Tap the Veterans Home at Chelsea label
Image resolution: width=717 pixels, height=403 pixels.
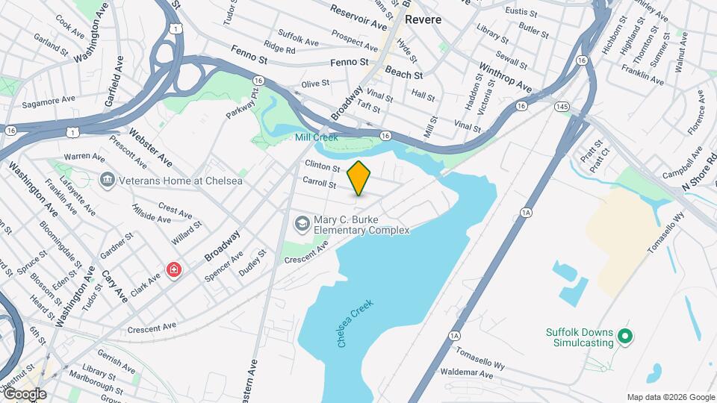(163, 181)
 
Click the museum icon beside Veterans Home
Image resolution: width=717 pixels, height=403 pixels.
(107, 180)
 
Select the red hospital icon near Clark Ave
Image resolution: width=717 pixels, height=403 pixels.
(175, 269)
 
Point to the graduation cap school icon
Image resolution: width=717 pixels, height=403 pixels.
(301, 223)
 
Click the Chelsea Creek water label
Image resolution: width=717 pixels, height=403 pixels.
(355, 323)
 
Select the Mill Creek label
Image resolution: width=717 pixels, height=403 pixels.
(316, 137)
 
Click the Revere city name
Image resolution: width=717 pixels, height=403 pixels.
(423, 20)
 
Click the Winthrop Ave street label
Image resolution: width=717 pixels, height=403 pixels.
(506, 77)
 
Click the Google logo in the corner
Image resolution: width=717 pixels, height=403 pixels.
(25, 394)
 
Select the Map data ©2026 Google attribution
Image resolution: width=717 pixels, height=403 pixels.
(670, 397)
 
